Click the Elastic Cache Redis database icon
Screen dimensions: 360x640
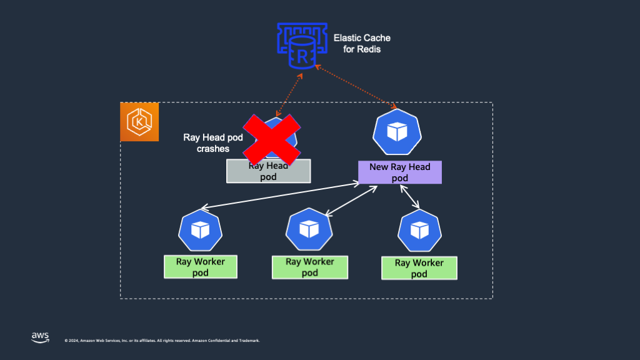click(x=302, y=46)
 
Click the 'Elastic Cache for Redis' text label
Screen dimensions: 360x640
click(x=362, y=43)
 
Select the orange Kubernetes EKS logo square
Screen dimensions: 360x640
click(x=139, y=122)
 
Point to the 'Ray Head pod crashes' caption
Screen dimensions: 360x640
click(x=212, y=143)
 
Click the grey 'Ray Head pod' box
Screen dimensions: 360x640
click(x=268, y=171)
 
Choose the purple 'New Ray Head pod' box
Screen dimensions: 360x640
click(x=400, y=172)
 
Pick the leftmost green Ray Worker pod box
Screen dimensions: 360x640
click(x=201, y=267)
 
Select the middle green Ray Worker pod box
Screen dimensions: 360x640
click(x=310, y=267)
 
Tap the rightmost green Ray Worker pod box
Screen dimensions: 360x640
click(x=419, y=268)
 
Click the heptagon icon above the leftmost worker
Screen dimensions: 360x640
click(x=200, y=231)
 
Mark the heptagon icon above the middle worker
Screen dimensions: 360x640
click(x=309, y=229)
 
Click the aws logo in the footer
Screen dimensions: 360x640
click(x=40, y=337)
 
